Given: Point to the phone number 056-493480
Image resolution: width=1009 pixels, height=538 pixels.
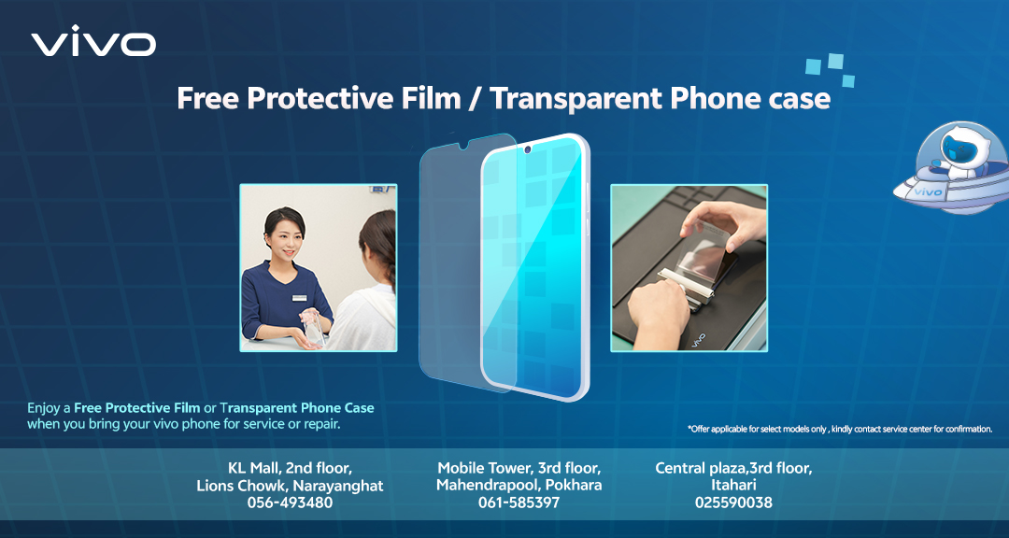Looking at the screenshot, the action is coord(291,503).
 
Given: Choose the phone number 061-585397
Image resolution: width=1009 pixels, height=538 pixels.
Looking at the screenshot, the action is coord(519,503).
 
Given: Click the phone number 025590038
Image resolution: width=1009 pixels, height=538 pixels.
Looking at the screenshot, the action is coord(733,503).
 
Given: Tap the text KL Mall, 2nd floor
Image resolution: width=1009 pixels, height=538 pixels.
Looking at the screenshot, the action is coord(291,468).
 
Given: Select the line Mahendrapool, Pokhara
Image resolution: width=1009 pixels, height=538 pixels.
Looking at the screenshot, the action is coord(519,486).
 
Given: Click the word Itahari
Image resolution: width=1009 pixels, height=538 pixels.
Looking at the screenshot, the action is coord(733,485).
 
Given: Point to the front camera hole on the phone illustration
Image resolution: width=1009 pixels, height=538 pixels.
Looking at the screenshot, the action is coord(528,150).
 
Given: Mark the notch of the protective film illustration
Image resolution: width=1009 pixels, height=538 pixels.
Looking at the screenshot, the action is coord(462,147).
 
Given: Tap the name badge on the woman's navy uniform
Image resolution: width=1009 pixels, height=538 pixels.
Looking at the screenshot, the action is coord(300,297).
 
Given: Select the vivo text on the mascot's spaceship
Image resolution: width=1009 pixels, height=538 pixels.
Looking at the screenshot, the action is coord(928,191).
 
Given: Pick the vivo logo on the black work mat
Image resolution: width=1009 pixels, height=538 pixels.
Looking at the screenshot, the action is coord(698,338).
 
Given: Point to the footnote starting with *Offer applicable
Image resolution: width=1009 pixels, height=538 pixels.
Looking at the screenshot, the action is coord(840,429).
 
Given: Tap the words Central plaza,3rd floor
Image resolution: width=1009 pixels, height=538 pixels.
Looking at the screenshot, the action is coord(733,468).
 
